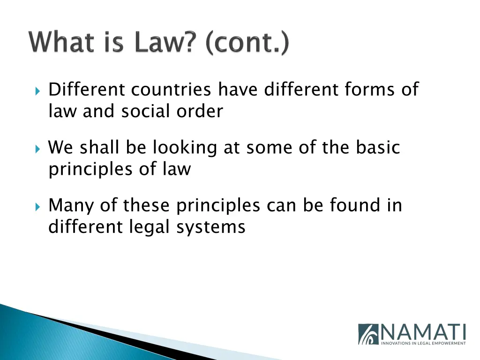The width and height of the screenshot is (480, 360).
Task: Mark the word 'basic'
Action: (378, 147)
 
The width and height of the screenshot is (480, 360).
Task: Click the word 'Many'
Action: (70, 206)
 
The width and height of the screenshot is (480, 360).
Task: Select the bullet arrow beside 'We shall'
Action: (38, 148)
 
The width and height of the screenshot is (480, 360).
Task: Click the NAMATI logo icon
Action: (368, 334)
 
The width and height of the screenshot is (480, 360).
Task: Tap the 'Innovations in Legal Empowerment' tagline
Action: (424, 343)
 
